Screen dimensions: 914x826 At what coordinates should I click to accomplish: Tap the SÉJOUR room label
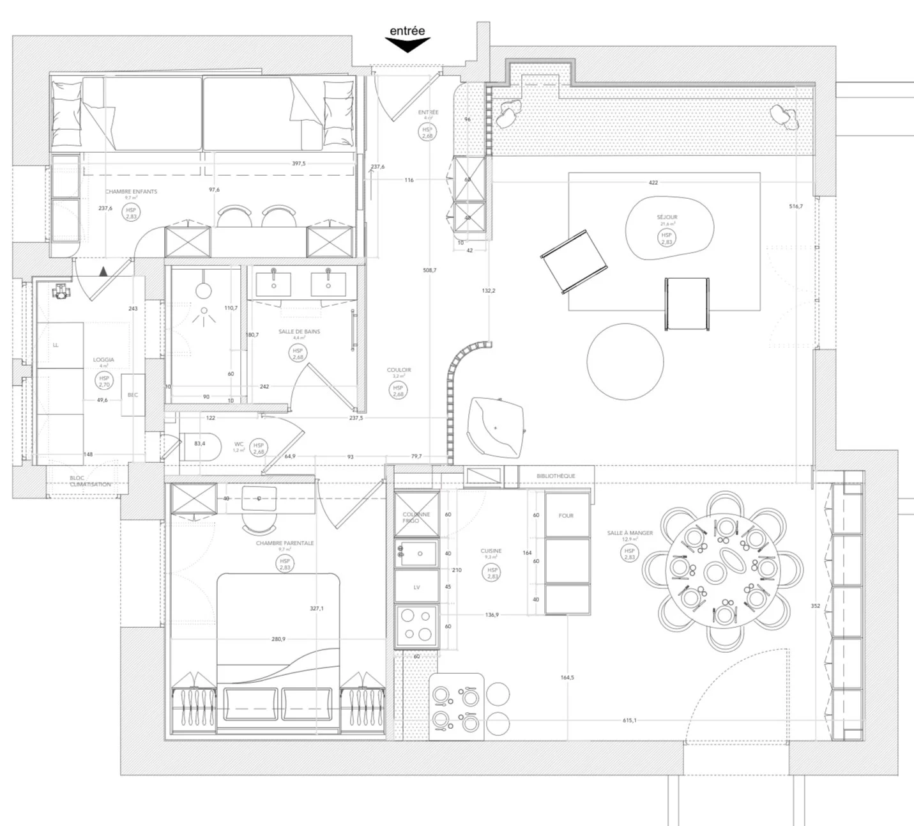pyautogui.click(x=667, y=217)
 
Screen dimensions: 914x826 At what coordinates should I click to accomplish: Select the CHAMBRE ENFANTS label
pyautogui.click(x=131, y=192)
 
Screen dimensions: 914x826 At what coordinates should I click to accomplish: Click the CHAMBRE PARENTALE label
pyautogui.click(x=285, y=543)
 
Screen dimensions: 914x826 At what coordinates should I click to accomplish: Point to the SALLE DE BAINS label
pyautogui.click(x=299, y=332)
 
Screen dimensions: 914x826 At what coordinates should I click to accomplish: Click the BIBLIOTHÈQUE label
pyautogui.click(x=556, y=476)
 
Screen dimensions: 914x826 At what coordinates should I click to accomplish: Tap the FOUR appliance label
pyautogui.click(x=566, y=515)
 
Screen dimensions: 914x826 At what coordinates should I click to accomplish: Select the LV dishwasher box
pyautogui.click(x=416, y=587)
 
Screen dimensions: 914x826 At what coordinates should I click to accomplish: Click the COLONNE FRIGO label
pyautogui.click(x=416, y=517)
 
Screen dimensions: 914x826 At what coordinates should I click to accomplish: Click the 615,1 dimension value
pyautogui.click(x=629, y=721)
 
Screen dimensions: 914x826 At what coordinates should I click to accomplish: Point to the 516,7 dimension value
pyautogui.click(x=796, y=207)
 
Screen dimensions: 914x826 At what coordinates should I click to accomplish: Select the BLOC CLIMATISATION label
pyautogui.click(x=90, y=481)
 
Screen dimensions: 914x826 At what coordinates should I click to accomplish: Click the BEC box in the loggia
pyautogui.click(x=133, y=395)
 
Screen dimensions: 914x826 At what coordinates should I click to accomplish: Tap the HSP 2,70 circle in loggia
pyautogui.click(x=104, y=382)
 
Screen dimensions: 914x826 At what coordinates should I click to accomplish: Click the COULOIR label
pyautogui.click(x=399, y=370)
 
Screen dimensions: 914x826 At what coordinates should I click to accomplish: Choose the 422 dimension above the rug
pyautogui.click(x=653, y=183)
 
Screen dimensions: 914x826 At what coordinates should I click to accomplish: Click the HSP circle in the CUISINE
pyautogui.click(x=492, y=573)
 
